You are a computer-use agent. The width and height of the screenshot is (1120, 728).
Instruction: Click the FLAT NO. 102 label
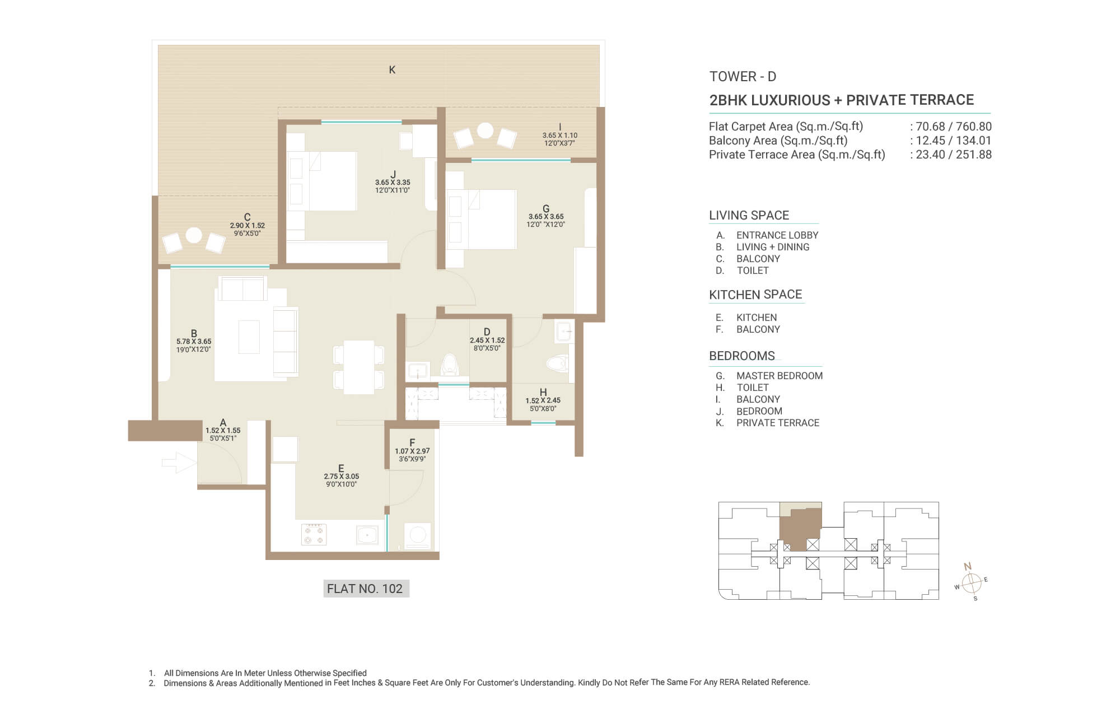(x=365, y=589)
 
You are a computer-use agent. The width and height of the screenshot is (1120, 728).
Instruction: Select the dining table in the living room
(x=359, y=367)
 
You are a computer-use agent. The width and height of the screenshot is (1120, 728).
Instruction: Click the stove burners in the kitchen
(x=314, y=534)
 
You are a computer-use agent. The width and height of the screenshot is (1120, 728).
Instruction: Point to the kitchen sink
(x=367, y=535)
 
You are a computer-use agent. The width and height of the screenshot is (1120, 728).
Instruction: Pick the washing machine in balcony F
(x=418, y=536)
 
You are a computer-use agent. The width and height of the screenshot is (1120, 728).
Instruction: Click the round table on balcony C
(x=194, y=235)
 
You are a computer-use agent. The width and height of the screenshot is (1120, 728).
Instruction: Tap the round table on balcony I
(x=485, y=130)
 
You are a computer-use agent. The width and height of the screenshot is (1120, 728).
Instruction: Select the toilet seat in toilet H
(x=558, y=363)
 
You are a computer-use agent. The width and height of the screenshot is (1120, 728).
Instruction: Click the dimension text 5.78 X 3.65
(x=194, y=341)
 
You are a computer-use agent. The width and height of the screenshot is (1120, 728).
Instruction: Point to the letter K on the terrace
(x=392, y=69)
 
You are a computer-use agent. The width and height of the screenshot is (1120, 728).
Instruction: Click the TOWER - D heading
(x=743, y=77)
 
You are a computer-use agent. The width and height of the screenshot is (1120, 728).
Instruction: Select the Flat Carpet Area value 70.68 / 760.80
(x=954, y=127)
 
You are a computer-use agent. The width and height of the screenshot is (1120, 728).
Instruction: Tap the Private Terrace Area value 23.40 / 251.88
(x=954, y=155)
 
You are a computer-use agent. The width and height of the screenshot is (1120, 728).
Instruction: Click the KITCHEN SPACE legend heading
(x=755, y=295)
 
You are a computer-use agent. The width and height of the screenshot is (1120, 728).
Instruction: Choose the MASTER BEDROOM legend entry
(x=780, y=376)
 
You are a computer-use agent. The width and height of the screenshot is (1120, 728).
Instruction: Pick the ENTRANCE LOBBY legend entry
(x=777, y=235)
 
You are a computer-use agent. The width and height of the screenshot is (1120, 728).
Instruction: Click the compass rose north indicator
(x=968, y=567)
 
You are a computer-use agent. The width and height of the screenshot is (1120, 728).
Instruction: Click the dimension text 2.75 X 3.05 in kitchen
(x=341, y=477)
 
